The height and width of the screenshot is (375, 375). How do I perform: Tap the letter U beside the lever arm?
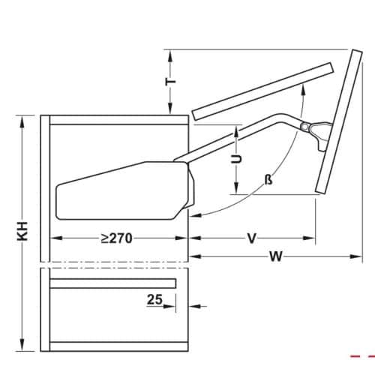pyautogui.click(x=235, y=159)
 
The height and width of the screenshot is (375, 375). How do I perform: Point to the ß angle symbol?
pyautogui.click(x=268, y=181)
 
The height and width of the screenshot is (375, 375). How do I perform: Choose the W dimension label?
pyautogui.click(x=275, y=256)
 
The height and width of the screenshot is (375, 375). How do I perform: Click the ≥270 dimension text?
pyautogui.click(x=116, y=238)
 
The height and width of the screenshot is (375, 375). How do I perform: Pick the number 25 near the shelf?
pyautogui.click(x=154, y=299)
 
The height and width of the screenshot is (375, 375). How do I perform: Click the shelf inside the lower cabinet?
pyautogui.click(x=112, y=283)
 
